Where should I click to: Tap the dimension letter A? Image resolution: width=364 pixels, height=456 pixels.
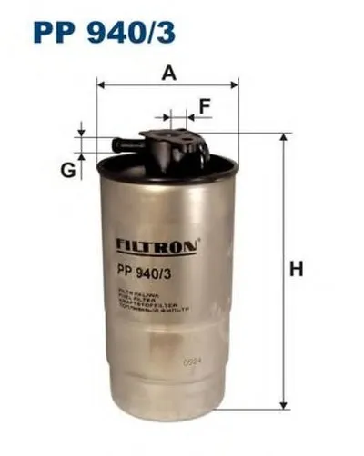tap(167, 74)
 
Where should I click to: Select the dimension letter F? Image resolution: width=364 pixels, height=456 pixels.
tap(205, 107)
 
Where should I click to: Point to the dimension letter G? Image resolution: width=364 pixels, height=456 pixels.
tap(66, 170)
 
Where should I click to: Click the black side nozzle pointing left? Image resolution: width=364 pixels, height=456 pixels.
tap(119, 144)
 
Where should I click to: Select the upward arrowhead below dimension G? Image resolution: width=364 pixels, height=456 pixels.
tap(81, 157)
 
